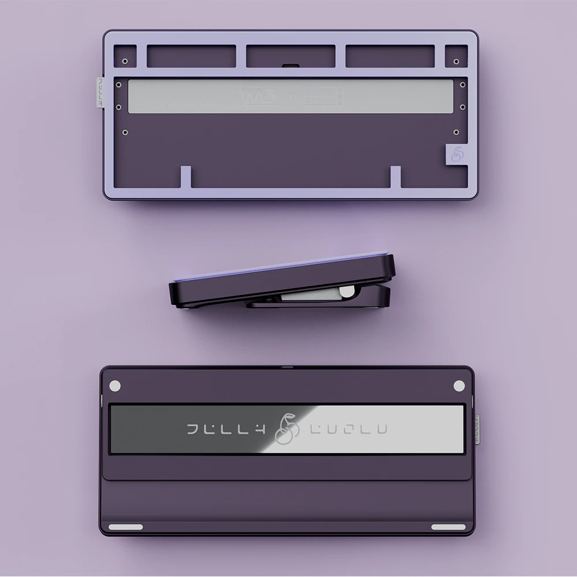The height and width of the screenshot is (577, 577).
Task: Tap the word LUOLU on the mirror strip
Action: (349, 429)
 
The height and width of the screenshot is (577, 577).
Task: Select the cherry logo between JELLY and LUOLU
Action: (287, 429)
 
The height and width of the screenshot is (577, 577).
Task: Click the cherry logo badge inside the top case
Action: (457, 155)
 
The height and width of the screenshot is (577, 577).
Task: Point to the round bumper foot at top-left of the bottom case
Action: (114, 385)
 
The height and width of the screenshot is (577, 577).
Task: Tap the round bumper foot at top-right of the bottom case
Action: (459, 385)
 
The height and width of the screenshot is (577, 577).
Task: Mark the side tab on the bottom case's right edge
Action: (477, 429)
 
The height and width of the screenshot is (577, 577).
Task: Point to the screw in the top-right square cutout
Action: (456, 60)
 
